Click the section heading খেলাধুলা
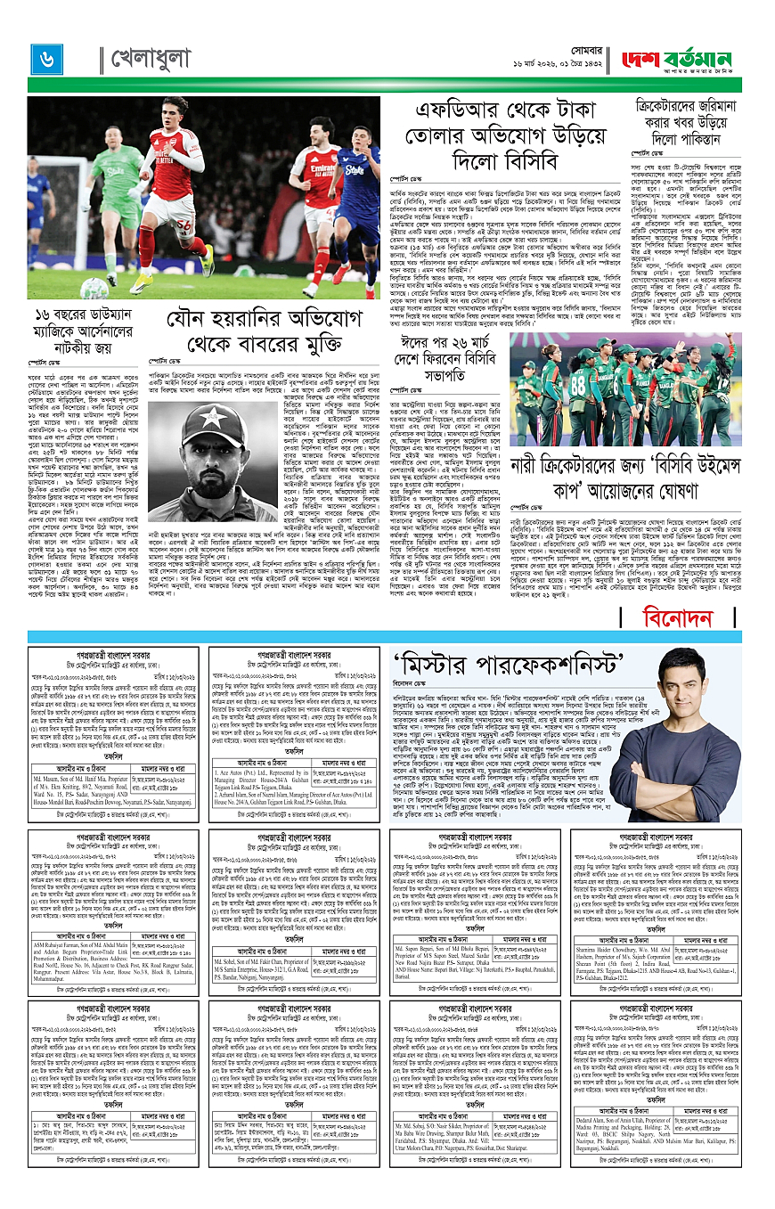[x=151, y=59]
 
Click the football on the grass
[x=94, y=288]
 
